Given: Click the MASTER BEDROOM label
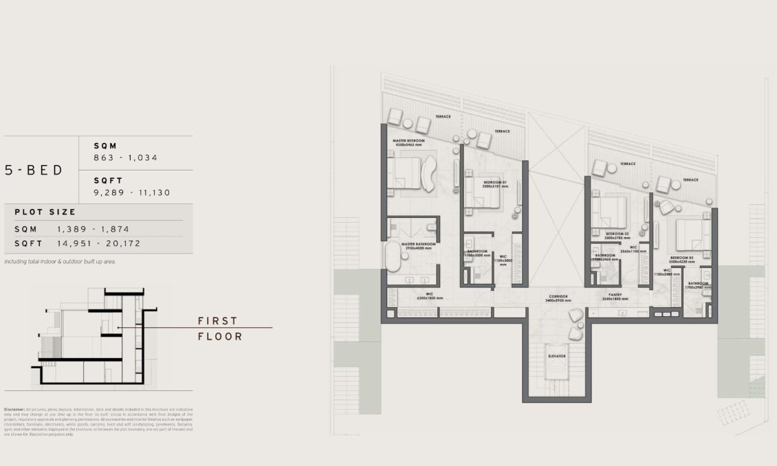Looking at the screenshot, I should [x=408, y=141].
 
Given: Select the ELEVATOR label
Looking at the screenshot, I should [x=557, y=356].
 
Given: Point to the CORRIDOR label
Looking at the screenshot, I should [x=558, y=297].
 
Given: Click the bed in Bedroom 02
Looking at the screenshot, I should [x=610, y=210].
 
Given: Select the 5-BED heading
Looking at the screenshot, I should [x=34, y=170].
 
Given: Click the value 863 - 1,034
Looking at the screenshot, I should [x=126, y=157].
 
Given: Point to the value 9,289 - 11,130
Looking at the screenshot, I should [x=132, y=192].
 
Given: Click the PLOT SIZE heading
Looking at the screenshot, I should [x=45, y=212].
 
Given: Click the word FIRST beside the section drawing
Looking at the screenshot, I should [x=217, y=321].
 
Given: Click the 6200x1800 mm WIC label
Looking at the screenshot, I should [x=429, y=297].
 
